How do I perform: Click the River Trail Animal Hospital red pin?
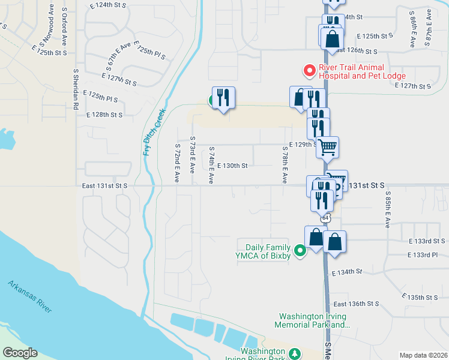pyautogui.click(x=310, y=71)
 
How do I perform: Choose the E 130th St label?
pyautogui.click(x=232, y=166)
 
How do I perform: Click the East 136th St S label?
pyautogui.click(x=356, y=304)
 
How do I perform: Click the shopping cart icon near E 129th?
pyautogui.click(x=327, y=146)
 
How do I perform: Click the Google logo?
pyautogui.click(x=19, y=353)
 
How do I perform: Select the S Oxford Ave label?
pyautogui.click(x=63, y=29)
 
